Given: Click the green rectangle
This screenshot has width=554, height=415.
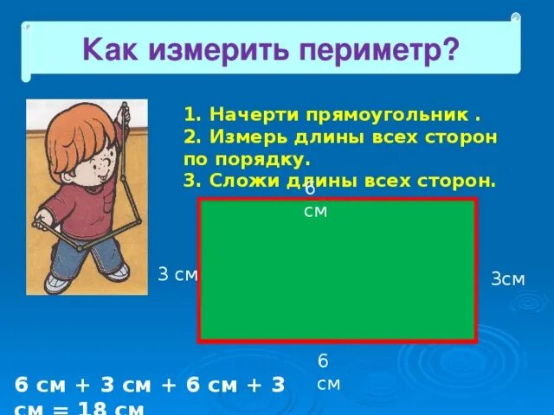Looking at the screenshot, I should [338, 277].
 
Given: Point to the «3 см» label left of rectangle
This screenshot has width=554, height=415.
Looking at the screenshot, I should [177, 274].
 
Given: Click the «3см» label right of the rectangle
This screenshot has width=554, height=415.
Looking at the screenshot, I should [508, 279].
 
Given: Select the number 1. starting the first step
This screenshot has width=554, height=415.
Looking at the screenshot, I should [192, 115].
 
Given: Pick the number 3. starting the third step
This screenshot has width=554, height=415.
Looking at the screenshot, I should [192, 182].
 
